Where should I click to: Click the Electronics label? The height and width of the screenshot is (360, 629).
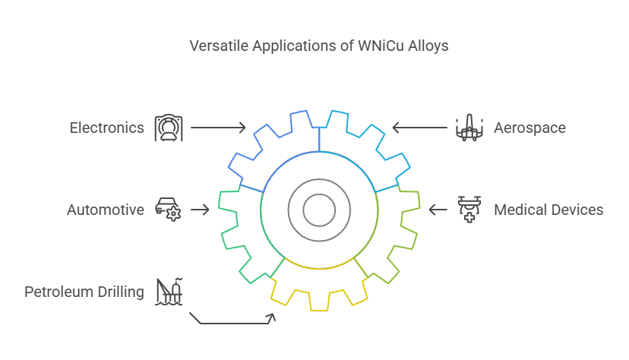(x=106, y=128)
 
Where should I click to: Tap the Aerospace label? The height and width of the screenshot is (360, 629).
(x=529, y=128)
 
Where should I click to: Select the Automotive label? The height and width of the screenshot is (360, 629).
(x=106, y=210)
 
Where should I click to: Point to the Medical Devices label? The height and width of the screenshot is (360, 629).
(x=548, y=210)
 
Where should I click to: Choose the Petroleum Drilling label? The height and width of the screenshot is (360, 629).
(x=84, y=292)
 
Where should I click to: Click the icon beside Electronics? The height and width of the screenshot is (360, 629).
(x=169, y=128)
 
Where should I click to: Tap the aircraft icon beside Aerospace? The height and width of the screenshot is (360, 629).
(x=469, y=128)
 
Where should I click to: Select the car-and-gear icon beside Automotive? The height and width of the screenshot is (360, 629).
(x=169, y=210)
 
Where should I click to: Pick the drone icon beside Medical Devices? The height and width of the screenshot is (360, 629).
(x=469, y=210)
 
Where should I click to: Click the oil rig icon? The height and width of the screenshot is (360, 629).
(x=169, y=292)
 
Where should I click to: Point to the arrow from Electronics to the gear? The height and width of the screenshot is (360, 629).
(x=218, y=128)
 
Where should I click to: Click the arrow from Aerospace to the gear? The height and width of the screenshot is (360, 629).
(x=419, y=128)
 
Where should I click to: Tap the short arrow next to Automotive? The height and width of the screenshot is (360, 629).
(x=201, y=210)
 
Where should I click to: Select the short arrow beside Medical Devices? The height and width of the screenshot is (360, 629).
(x=438, y=210)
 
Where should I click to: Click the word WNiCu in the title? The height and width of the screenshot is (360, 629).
(x=381, y=46)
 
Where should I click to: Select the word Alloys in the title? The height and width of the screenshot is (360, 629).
(x=428, y=46)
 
